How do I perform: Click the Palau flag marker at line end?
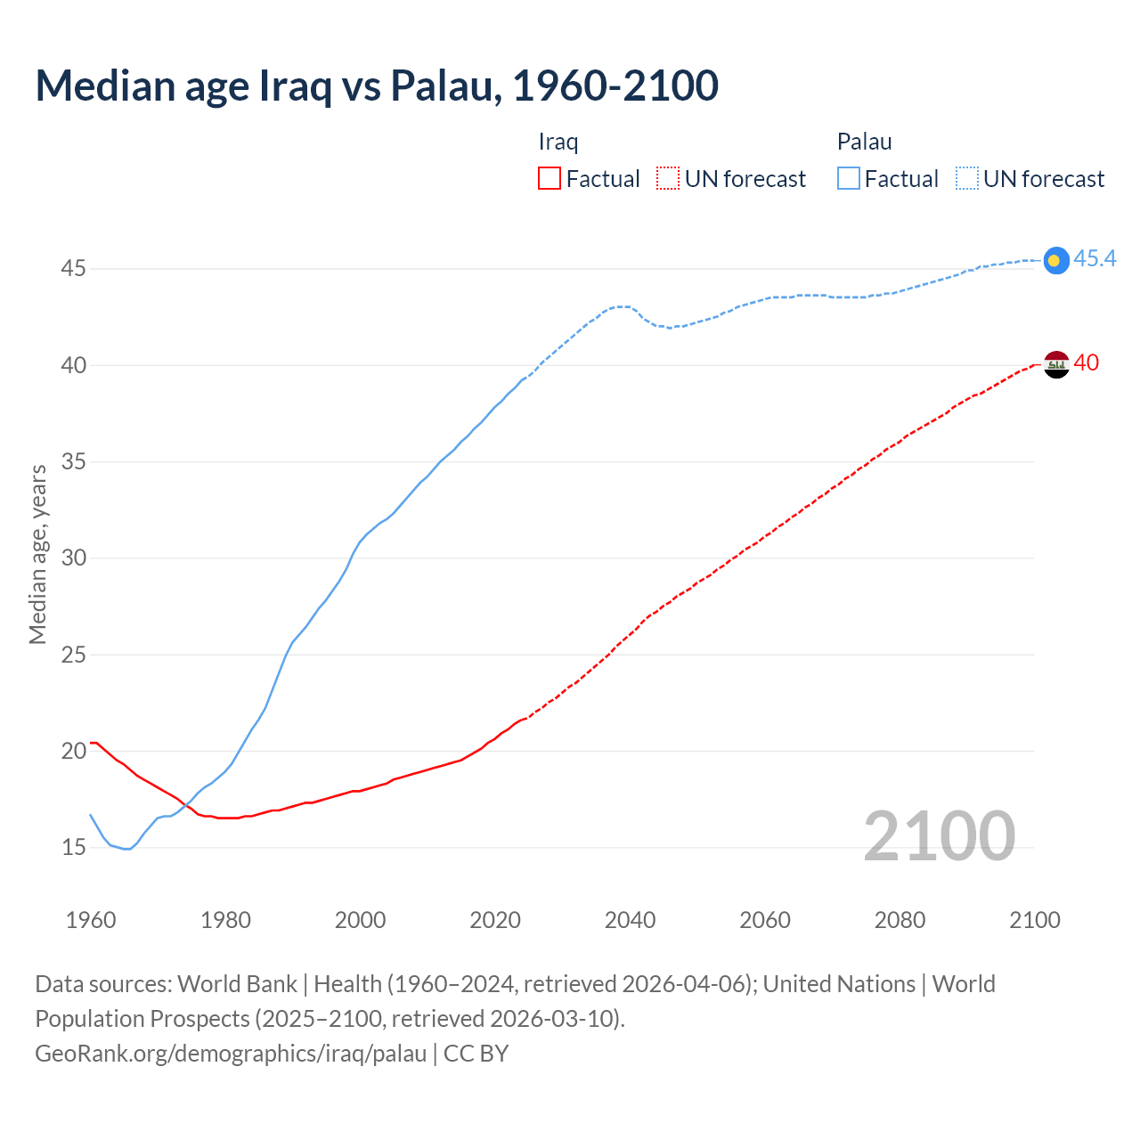pyautogui.click(x=1055, y=260)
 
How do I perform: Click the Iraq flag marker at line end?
pyautogui.click(x=1055, y=364)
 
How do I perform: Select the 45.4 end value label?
pyautogui.click(x=1095, y=259)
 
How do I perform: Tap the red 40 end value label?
pyautogui.click(x=1086, y=363)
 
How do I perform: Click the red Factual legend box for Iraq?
pyautogui.click(x=550, y=179)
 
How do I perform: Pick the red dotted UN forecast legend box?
pyautogui.click(x=668, y=179)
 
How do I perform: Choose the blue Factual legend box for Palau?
pyautogui.click(x=849, y=179)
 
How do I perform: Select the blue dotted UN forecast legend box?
pyautogui.click(x=967, y=179)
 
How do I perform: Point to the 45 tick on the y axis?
pyautogui.click(x=73, y=268)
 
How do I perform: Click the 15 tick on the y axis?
pyautogui.click(x=73, y=847)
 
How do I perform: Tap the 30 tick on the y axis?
pyautogui.click(x=73, y=558)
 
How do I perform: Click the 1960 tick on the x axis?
pyautogui.click(x=91, y=920)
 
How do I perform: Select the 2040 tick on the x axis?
pyautogui.click(x=630, y=920)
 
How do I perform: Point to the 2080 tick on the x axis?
pyautogui.click(x=900, y=920)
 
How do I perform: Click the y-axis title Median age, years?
pyautogui.click(x=37, y=554)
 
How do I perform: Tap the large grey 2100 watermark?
pyautogui.click(x=939, y=836)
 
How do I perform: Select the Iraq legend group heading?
pyautogui.click(x=558, y=142)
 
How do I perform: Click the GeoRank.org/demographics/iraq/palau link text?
pyautogui.click(x=231, y=1054)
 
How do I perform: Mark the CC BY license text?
pyautogui.click(x=476, y=1054)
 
